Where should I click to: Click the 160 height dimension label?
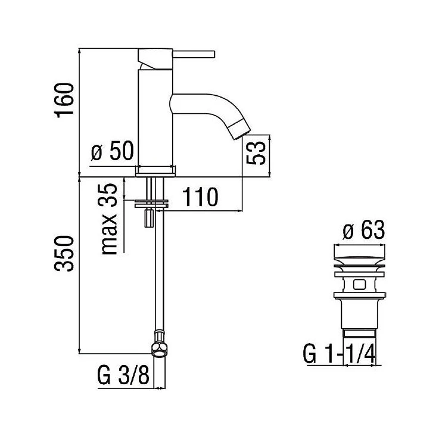coord(65,100)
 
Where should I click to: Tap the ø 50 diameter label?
coord(113,151)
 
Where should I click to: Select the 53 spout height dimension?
coord(256,152)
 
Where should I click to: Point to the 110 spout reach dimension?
coord(200,197)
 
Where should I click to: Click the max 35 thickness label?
coord(108,219)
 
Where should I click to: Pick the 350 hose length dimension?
coord(64,254)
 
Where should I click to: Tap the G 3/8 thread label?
coord(123,375)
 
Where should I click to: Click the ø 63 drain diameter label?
coord(364,230)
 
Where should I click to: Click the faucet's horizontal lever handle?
coord(194,54)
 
